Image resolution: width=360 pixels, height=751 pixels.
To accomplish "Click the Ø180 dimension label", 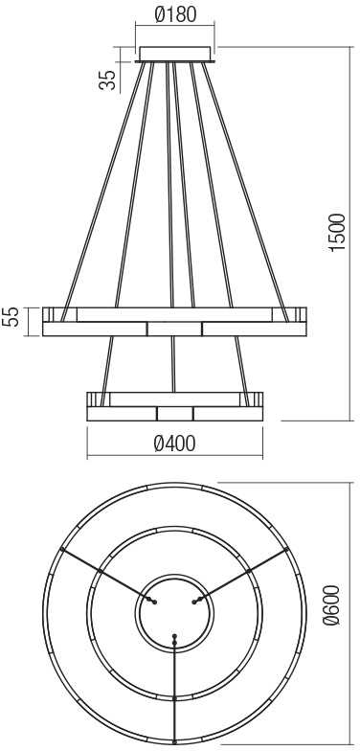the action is (x=175, y=14).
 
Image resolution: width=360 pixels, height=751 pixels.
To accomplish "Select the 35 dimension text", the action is (x=108, y=80).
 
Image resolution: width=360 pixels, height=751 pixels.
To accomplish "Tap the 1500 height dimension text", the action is (x=337, y=232).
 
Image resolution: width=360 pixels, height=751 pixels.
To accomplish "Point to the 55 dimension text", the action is (x=14, y=316).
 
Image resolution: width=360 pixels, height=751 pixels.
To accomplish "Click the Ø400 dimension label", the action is (x=174, y=444).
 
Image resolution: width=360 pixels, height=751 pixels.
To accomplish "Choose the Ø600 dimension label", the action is (x=331, y=604).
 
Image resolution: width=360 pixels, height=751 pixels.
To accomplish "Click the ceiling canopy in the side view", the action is (x=174, y=54).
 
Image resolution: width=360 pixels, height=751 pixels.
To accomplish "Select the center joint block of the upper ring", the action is (x=174, y=330).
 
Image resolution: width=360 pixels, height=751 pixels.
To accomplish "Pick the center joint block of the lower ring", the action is (x=174, y=414).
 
